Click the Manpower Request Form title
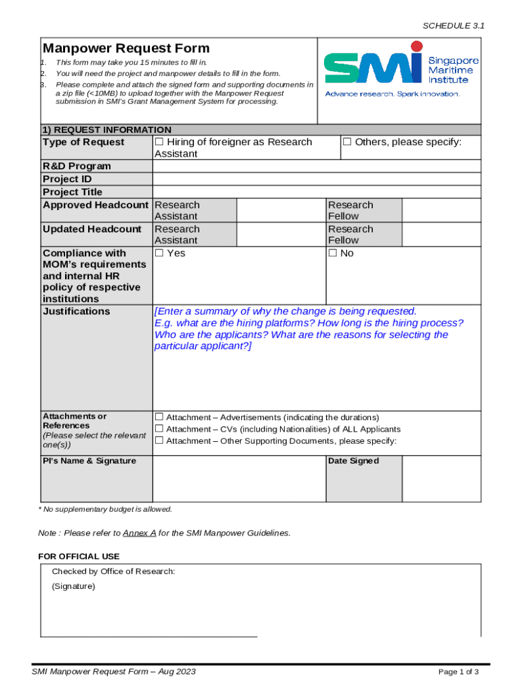click(x=126, y=48)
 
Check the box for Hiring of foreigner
click(x=159, y=142)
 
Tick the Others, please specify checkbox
click(x=347, y=142)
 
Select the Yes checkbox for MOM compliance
click(x=159, y=253)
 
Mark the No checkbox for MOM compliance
click(x=333, y=253)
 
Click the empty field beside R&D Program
click(x=317, y=167)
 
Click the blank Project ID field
click(x=317, y=180)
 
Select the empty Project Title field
click(x=317, y=192)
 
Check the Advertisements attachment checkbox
click(x=159, y=417)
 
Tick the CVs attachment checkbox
click(x=159, y=429)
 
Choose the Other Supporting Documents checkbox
click(x=159, y=441)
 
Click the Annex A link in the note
click(x=140, y=533)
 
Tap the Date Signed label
click(x=354, y=461)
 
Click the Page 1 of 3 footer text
click(x=459, y=672)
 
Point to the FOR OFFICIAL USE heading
click(x=79, y=556)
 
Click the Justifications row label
click(x=76, y=312)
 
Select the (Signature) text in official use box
click(x=74, y=586)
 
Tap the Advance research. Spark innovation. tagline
click(x=393, y=94)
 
